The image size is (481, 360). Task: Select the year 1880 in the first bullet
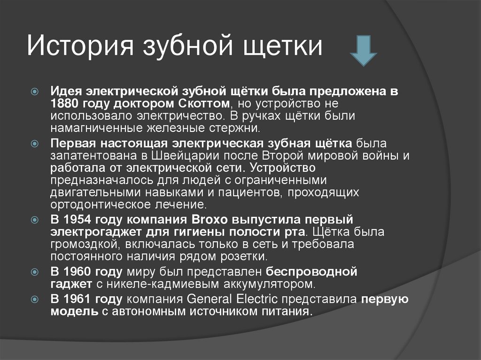pyautogui.click(x=65, y=103)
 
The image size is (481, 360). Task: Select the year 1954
pyautogui.click(x=78, y=220)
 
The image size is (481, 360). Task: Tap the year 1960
pyautogui.click(x=78, y=271)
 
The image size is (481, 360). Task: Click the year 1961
pyautogui.click(x=78, y=299)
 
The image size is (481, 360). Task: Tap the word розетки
pyautogui.click(x=246, y=257)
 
